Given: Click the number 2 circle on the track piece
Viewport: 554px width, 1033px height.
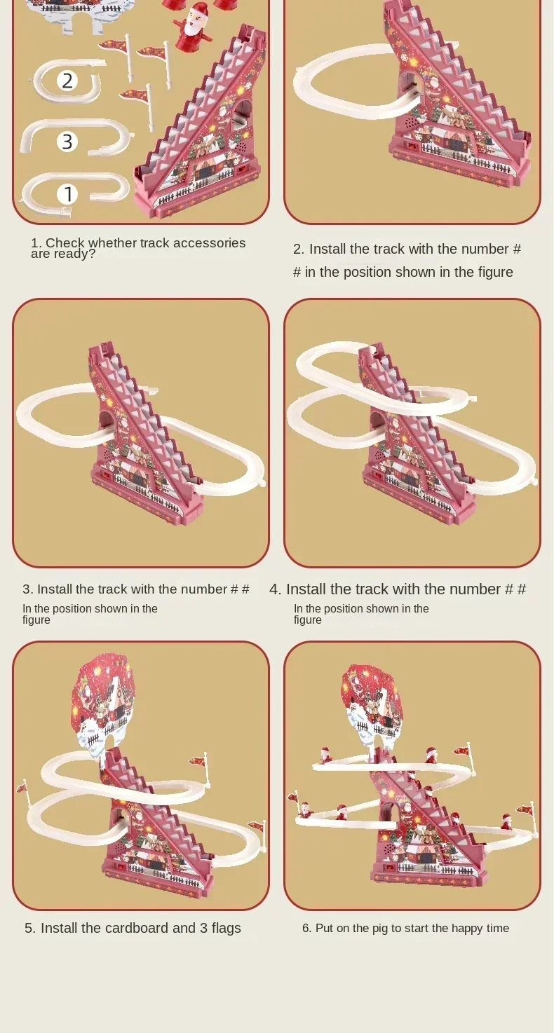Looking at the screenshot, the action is pyautogui.click(x=67, y=81).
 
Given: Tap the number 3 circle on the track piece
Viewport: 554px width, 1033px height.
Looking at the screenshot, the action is pyautogui.click(x=67, y=141).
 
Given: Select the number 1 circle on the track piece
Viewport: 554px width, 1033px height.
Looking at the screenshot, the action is pyautogui.click(x=67, y=193).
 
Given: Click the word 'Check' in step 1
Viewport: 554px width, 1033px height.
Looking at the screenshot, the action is pyautogui.click(x=65, y=242).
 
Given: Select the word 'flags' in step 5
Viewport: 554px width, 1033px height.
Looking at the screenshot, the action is pyautogui.click(x=227, y=928).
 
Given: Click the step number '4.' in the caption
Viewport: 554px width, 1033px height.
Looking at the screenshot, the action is pyautogui.click(x=276, y=589).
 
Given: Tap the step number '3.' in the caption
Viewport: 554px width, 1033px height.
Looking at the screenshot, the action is pyautogui.click(x=27, y=589).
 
